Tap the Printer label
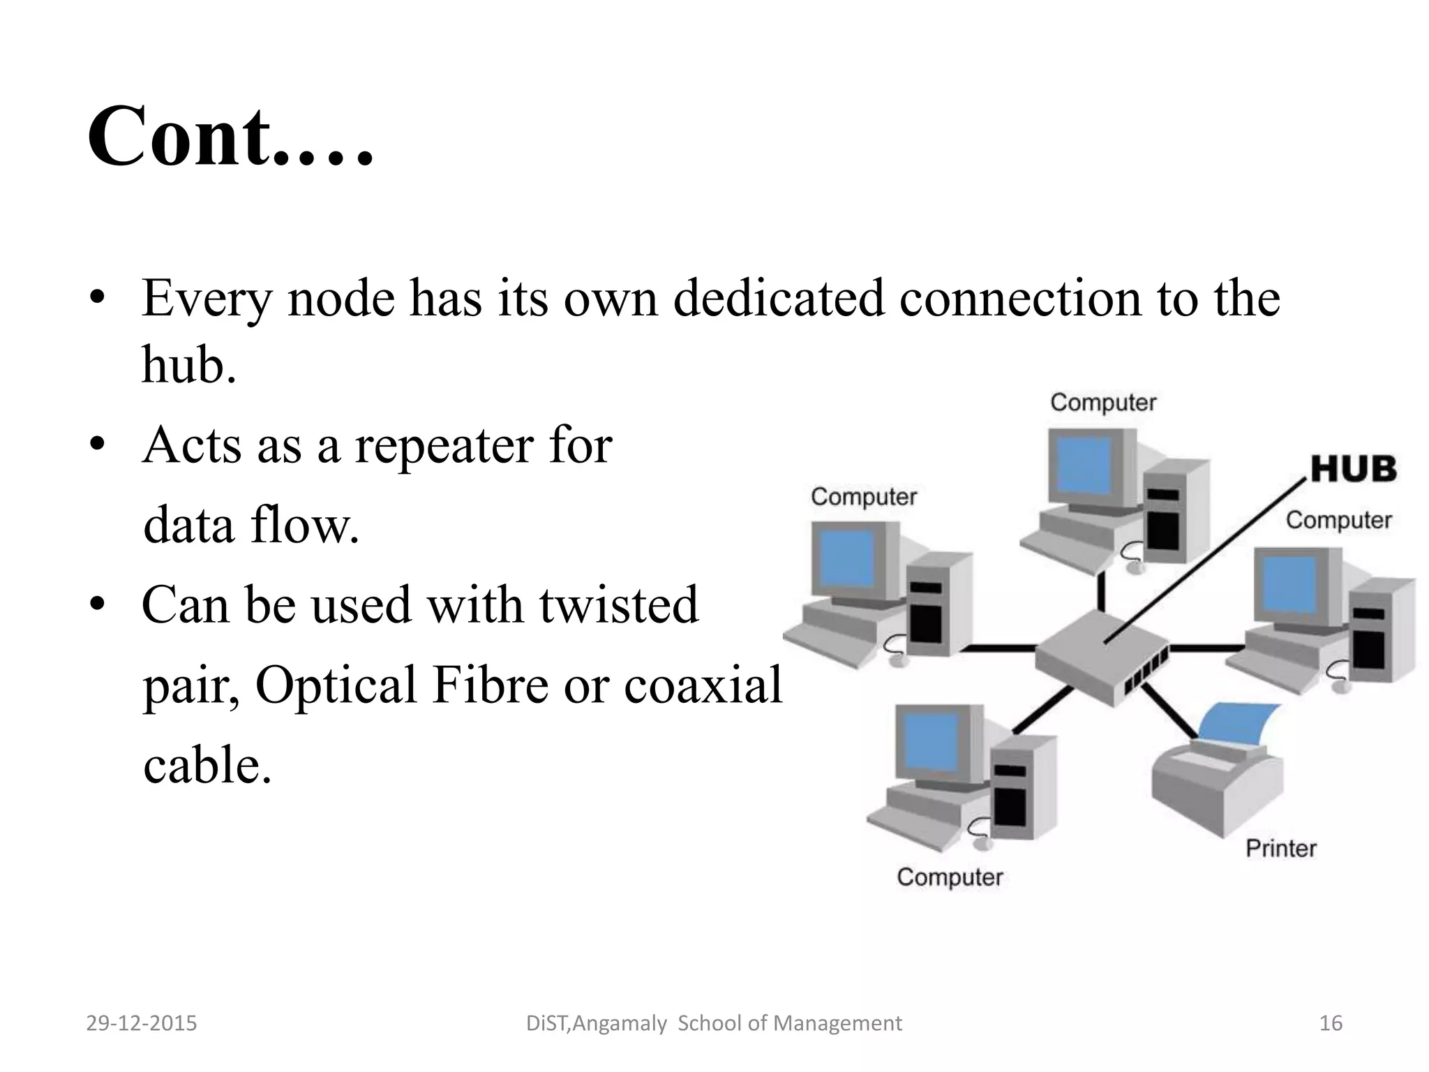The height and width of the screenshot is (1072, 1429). click(x=1281, y=849)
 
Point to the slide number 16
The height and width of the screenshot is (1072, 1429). click(x=1331, y=1023)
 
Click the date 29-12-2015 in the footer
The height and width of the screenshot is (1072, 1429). click(x=142, y=1023)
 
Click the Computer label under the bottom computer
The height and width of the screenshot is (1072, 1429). click(x=950, y=877)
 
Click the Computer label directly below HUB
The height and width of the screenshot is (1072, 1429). click(x=1338, y=520)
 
